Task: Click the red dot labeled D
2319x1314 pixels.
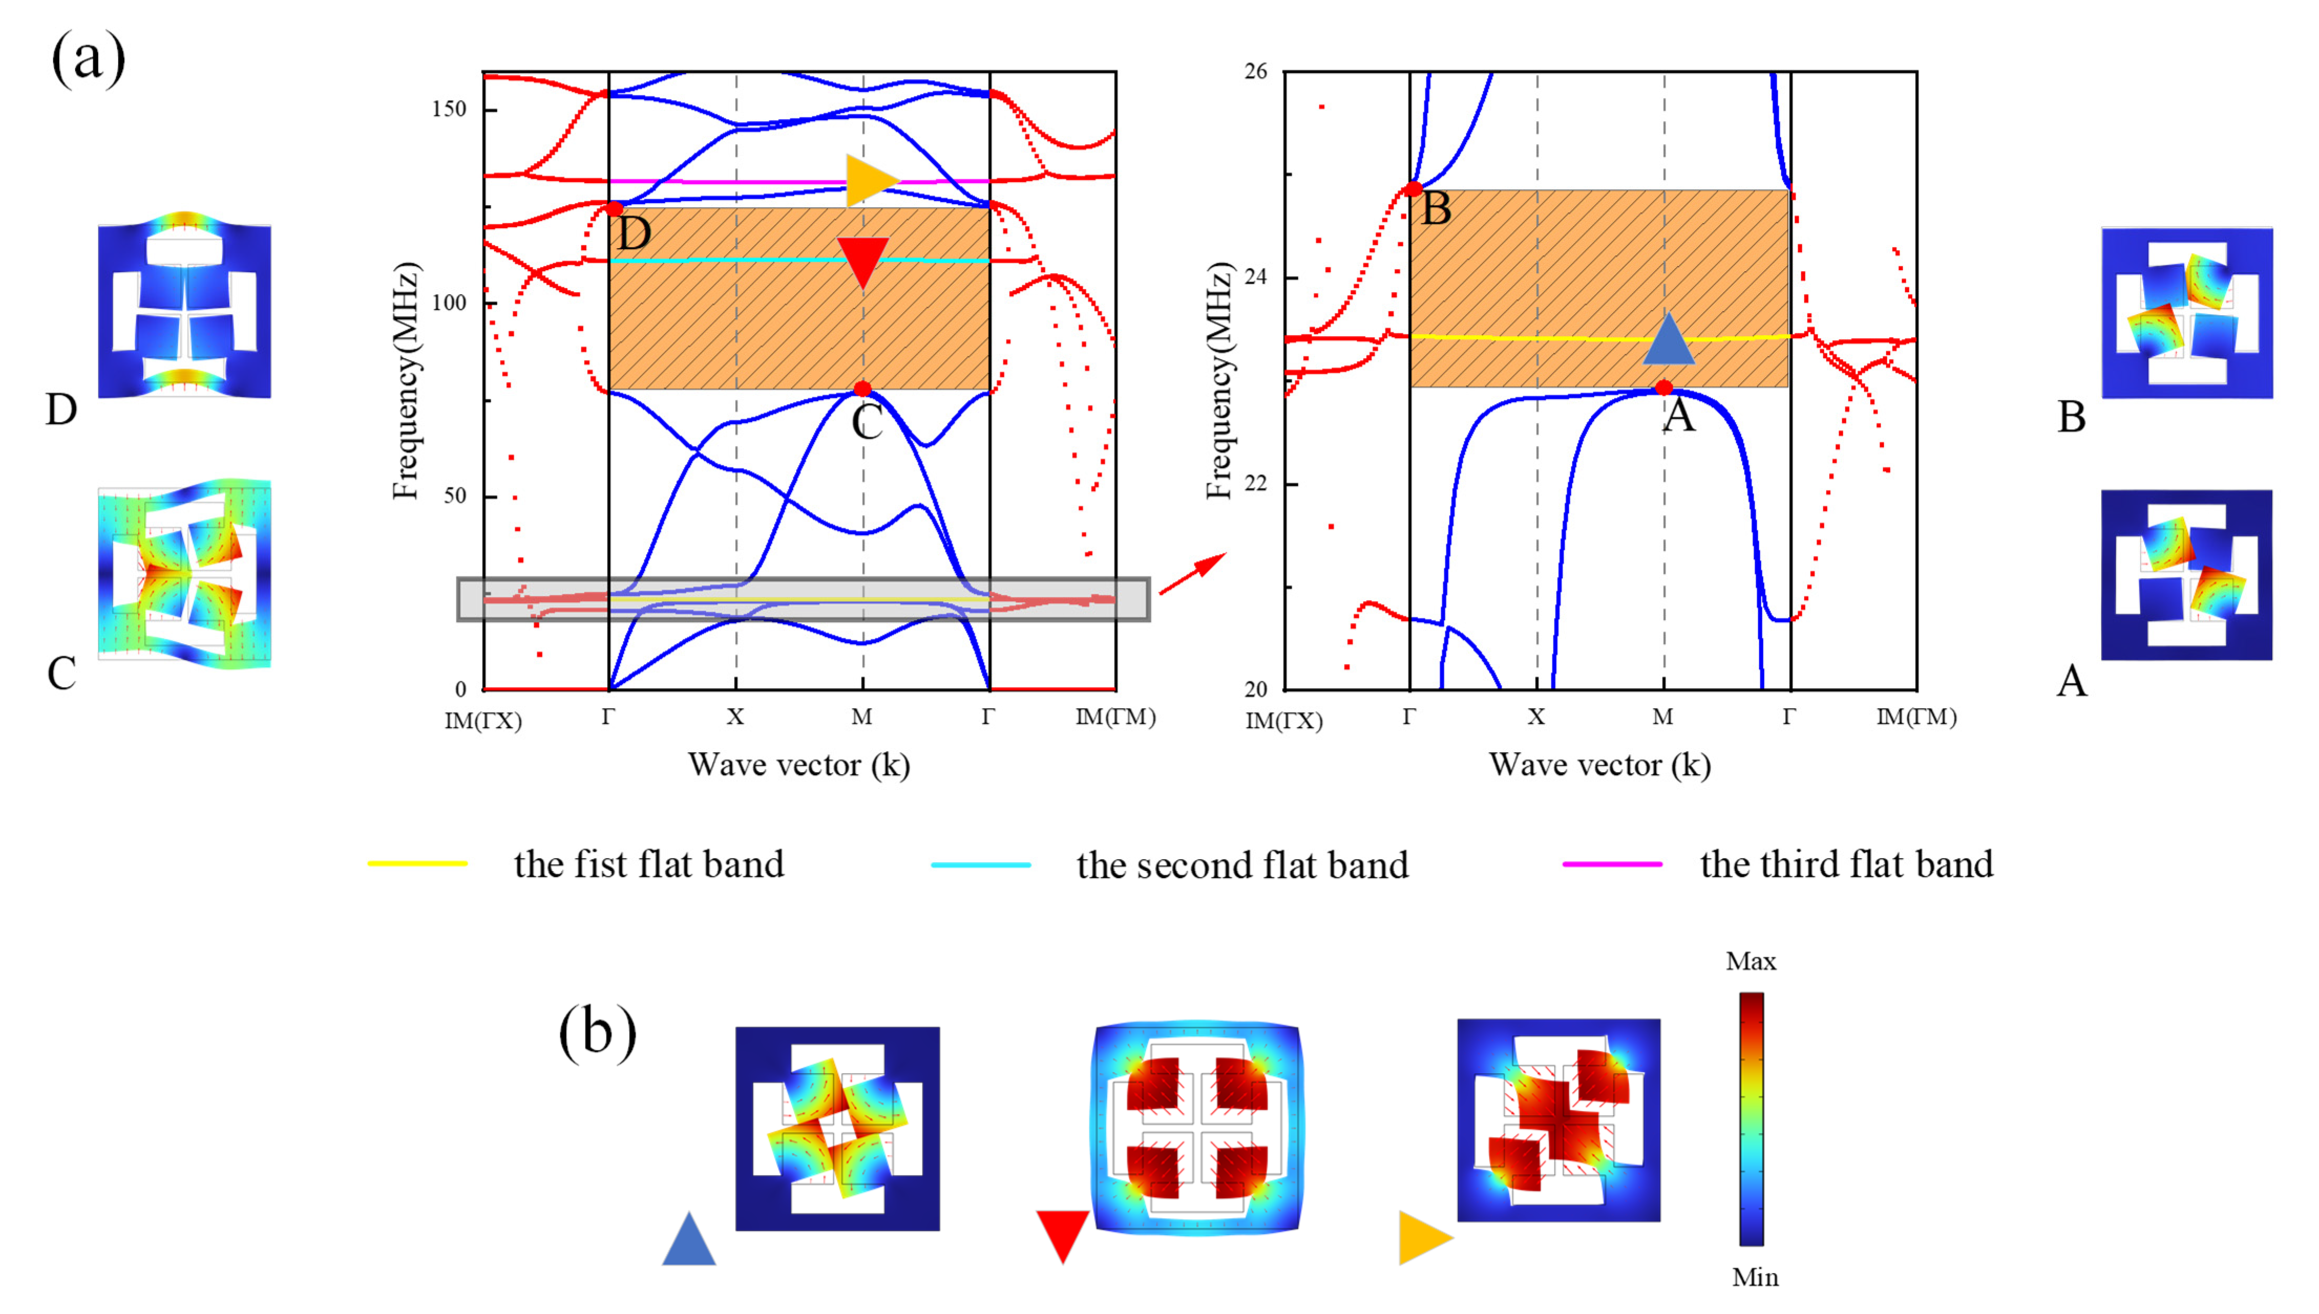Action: tap(614, 208)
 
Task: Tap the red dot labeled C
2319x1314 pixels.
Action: tap(862, 390)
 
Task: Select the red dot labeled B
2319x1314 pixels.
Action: tap(1413, 189)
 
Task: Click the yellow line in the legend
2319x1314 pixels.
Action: tap(417, 863)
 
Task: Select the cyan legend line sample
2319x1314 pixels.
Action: tap(980, 864)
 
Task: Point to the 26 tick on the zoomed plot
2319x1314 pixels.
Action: tap(1256, 71)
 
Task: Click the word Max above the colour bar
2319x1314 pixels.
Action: tap(1750, 961)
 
